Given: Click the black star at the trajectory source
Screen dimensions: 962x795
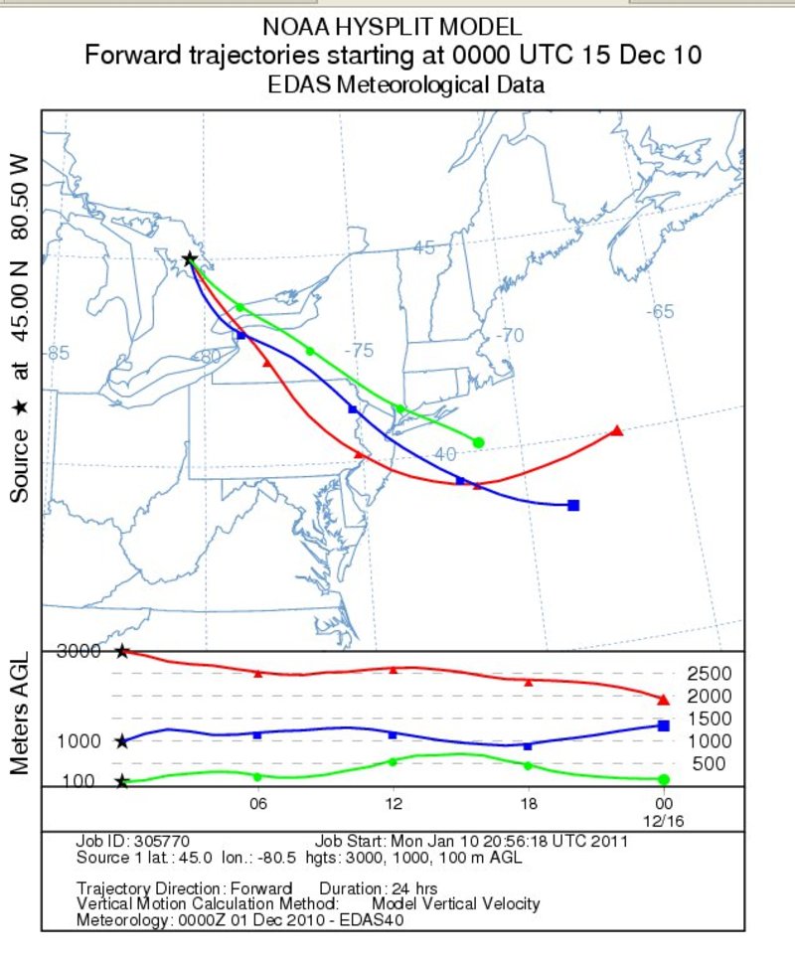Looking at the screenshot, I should coord(190,259).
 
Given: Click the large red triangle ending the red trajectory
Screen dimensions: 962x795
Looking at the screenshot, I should coord(616,431).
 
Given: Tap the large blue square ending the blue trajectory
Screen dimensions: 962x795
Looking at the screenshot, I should coord(573,506).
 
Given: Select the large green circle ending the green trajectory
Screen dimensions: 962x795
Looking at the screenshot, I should coord(478,442).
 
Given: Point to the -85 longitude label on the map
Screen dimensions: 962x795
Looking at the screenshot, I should coord(59,353).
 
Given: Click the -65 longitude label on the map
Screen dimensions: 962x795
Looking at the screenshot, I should coord(661,311).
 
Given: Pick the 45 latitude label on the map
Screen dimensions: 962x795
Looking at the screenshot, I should coord(424,248).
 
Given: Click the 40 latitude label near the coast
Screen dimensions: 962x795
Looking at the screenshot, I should coord(444,453).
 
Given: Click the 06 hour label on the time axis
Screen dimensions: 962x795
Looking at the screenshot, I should coord(258,803).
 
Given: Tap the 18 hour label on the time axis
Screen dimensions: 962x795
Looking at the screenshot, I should coord(528,803).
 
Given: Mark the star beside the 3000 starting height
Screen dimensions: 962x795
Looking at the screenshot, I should coord(122,652).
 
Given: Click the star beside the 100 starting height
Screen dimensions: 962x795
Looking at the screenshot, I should coord(121,781).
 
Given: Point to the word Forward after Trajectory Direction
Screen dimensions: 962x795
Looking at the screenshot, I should coord(259,887).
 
